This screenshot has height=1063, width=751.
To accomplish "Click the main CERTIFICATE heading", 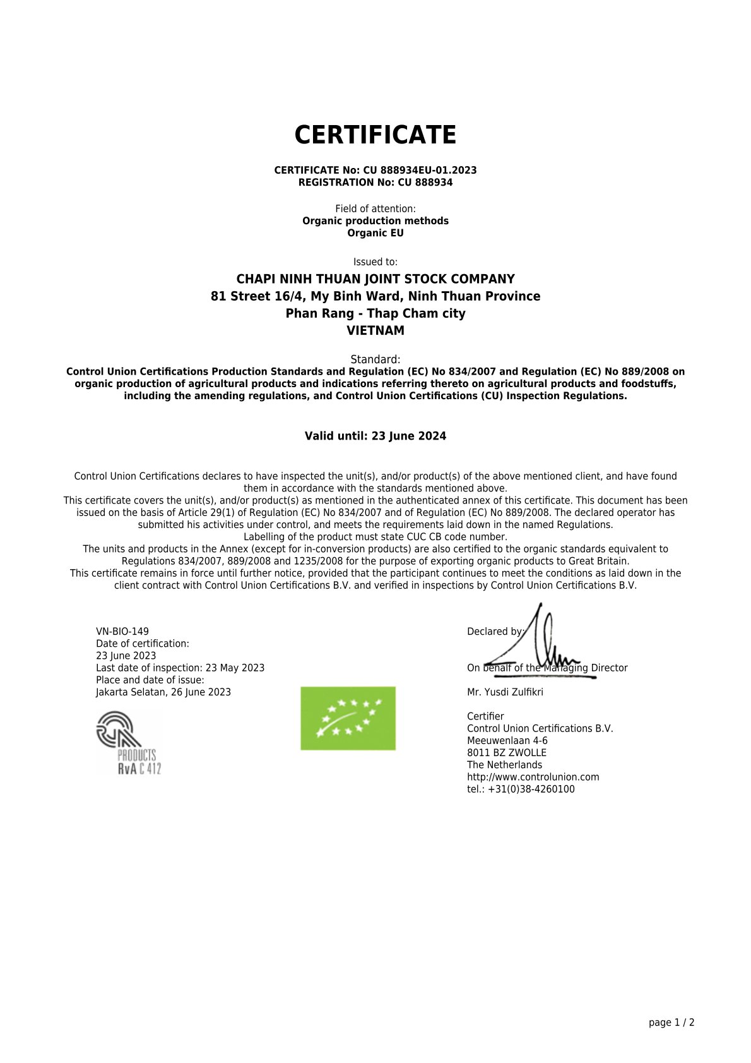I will (x=375, y=135).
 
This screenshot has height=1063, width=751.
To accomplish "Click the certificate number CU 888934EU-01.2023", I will (x=420, y=171).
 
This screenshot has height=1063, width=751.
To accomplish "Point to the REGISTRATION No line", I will (x=375, y=183).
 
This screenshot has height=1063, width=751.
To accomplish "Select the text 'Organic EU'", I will (x=375, y=233).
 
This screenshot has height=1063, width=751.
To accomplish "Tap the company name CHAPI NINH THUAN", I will (x=375, y=279).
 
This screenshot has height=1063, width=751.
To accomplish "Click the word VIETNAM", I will (x=375, y=330).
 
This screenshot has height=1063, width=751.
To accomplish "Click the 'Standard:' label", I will (x=375, y=359).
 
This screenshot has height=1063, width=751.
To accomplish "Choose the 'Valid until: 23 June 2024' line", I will (x=375, y=436).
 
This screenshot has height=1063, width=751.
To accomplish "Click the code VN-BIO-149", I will (x=122, y=632).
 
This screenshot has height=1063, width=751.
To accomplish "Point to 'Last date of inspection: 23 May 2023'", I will (x=180, y=668).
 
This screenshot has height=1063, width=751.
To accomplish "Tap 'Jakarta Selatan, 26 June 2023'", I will (x=163, y=692).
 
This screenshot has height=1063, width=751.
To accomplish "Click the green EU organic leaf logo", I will (x=348, y=718).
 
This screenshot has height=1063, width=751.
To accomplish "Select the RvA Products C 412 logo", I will (x=129, y=743).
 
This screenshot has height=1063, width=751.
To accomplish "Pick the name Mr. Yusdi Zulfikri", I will (x=505, y=692).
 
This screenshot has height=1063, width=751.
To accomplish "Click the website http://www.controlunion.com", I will (x=533, y=777).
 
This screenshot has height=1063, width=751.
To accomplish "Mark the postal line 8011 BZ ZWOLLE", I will (x=507, y=753).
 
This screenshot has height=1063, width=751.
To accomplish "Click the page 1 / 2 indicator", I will (x=671, y=1023).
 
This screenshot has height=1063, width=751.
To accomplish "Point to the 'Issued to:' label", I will (x=375, y=262).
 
